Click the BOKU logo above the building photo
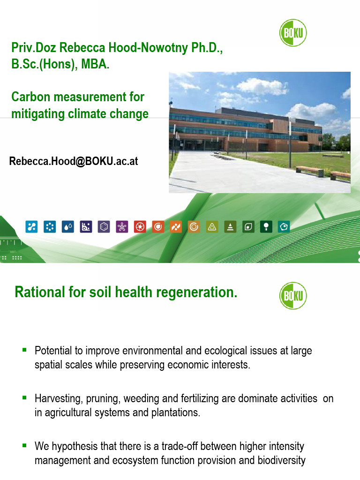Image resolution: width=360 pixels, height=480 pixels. [293, 33]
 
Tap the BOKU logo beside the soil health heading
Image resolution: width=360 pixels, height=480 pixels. [293, 296]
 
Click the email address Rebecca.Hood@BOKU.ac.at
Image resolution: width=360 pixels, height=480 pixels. [74, 162]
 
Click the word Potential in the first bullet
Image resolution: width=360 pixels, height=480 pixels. [53, 351]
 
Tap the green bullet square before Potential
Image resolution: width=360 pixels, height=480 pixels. [24, 350]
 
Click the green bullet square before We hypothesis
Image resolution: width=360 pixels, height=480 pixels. [24, 445]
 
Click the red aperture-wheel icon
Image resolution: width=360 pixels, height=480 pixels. [140, 227]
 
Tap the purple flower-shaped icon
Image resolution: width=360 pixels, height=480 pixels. [121, 227]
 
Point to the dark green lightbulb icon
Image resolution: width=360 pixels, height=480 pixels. [266, 227]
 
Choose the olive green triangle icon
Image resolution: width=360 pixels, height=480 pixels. [212, 227]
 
